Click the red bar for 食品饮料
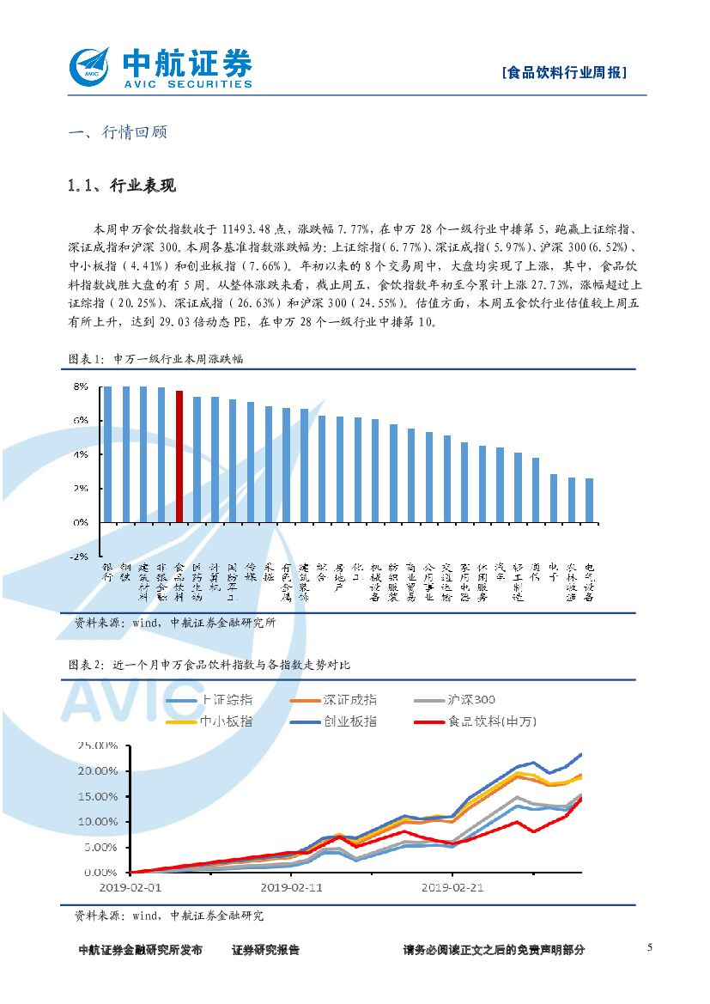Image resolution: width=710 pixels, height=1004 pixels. (179, 456)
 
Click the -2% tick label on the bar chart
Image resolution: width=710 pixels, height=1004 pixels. (79, 556)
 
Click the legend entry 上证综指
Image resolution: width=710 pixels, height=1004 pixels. (231, 700)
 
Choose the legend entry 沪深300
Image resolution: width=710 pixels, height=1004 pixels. (470, 700)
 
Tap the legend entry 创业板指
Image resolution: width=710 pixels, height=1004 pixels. (349, 721)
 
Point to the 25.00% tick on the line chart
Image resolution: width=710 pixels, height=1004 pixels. (96, 745)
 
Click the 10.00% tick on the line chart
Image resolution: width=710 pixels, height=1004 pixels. (96, 822)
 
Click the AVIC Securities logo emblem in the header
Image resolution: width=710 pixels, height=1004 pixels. (92, 66)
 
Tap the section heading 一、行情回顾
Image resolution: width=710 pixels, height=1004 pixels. (117, 132)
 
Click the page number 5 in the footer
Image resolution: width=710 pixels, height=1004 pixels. (650, 947)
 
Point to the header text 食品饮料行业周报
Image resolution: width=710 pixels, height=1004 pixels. (563, 73)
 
